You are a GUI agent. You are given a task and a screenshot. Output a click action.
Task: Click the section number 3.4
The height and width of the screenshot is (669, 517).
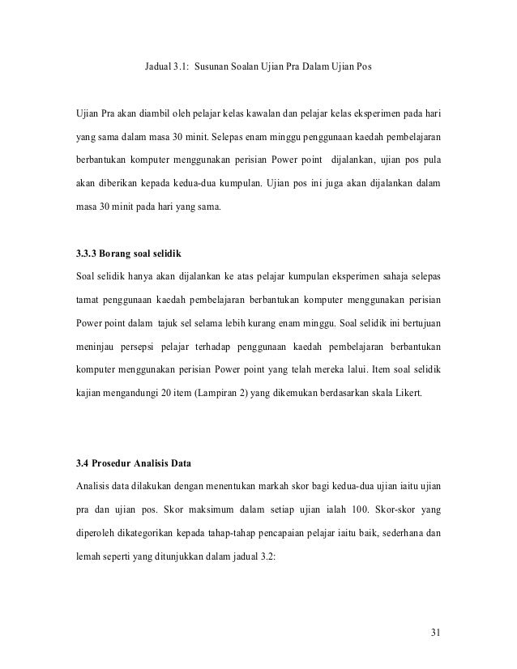point(82,464)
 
